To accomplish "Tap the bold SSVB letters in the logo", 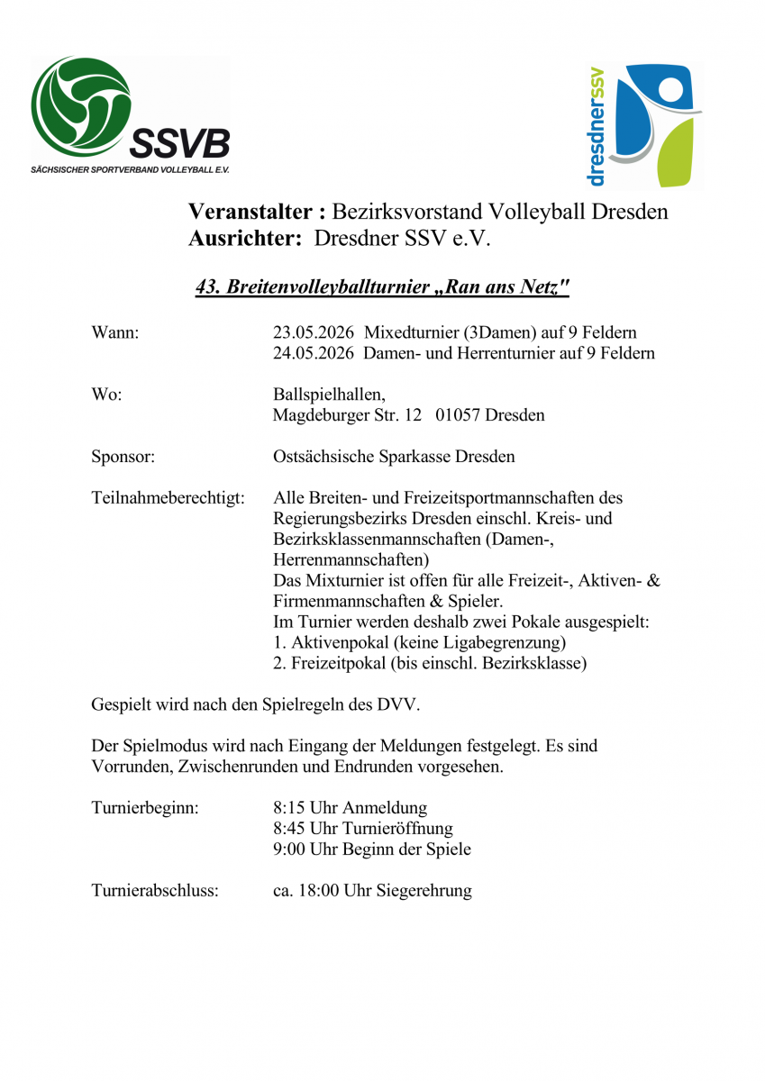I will coord(180,142).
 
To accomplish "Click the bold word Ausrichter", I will coord(243,239).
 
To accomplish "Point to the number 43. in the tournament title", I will coord(209,287).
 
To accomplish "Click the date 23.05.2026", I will coord(313,332).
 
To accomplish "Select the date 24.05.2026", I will coord(313,353).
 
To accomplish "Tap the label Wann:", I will coord(115,332).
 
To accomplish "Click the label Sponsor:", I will coord(123,457).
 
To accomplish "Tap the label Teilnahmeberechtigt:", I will coord(168,498).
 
